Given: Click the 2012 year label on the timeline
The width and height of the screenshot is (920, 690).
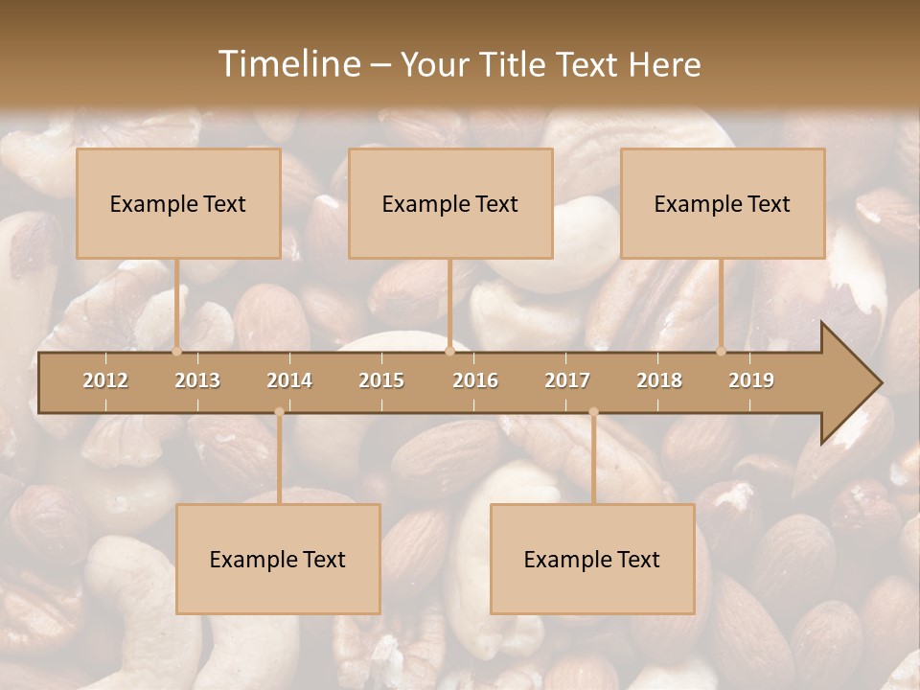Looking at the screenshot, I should click(x=105, y=380).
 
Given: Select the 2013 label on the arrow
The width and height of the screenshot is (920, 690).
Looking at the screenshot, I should click(x=197, y=380).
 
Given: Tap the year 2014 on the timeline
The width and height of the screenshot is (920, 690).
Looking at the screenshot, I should click(x=289, y=380).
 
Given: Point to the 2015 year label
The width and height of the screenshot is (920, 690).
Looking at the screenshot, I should click(x=381, y=380).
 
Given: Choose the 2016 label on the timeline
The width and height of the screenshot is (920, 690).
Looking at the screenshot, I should click(x=475, y=380).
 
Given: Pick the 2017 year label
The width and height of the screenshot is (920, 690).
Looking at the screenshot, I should click(x=567, y=380).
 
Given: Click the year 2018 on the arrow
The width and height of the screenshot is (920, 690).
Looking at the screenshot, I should click(x=659, y=380).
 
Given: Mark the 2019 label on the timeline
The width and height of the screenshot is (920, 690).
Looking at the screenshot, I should click(x=751, y=380).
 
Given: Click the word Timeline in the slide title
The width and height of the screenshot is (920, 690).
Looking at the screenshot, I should click(x=287, y=64).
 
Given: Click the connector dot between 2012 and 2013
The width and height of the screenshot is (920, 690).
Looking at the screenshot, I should click(x=177, y=351).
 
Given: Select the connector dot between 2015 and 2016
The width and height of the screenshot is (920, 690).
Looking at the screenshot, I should click(x=449, y=351).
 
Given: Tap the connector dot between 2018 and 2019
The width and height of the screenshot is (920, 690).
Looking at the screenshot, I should click(x=722, y=351).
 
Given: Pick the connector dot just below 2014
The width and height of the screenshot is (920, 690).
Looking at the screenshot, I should click(x=279, y=412).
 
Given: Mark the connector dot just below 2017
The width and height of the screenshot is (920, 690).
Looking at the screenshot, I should click(x=593, y=412).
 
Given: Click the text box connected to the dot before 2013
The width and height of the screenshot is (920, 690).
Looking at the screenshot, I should click(x=178, y=203).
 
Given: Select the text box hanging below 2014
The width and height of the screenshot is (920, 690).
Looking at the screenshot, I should click(x=278, y=559).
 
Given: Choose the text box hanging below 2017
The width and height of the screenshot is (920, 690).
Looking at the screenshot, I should click(x=592, y=559).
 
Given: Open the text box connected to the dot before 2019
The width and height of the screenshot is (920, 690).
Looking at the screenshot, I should click(x=723, y=203).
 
